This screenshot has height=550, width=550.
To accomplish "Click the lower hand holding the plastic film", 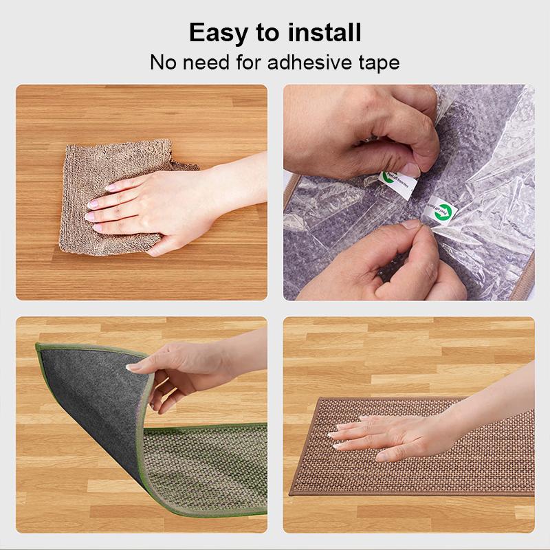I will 399,265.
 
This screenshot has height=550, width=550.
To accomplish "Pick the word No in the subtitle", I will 163,63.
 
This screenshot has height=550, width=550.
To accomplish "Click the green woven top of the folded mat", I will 206,467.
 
